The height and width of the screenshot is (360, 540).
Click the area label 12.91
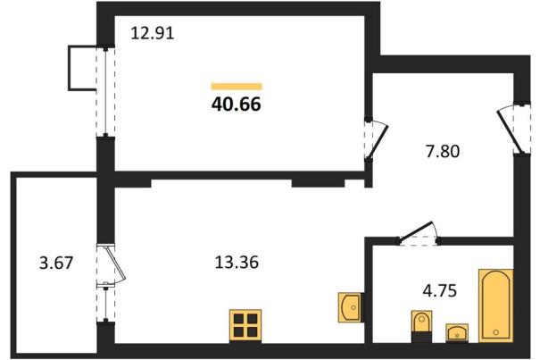[x=153, y=33]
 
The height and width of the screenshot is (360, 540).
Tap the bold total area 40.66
[x=237, y=104]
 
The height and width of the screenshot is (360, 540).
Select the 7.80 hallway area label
[x=443, y=151]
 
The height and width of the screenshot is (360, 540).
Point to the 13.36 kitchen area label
[x=237, y=263]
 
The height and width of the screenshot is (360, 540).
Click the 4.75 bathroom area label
[x=440, y=290]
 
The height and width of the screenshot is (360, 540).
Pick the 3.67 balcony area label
[x=56, y=264]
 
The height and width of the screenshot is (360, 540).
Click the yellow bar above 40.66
[x=237, y=87]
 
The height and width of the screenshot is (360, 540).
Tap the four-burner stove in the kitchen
[x=245, y=325]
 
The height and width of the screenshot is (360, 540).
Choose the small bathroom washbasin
[x=457, y=333]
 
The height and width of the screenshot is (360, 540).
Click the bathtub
[x=495, y=306]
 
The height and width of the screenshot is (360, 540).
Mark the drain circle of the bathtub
[x=495, y=332]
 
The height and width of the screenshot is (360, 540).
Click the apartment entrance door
[x=513, y=129]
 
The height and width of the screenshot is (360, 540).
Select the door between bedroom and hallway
[x=376, y=139]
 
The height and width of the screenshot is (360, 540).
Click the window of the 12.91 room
[x=105, y=92]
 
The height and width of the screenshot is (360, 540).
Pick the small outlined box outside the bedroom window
[x=82, y=68]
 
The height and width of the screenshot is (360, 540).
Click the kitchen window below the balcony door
[x=105, y=304]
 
